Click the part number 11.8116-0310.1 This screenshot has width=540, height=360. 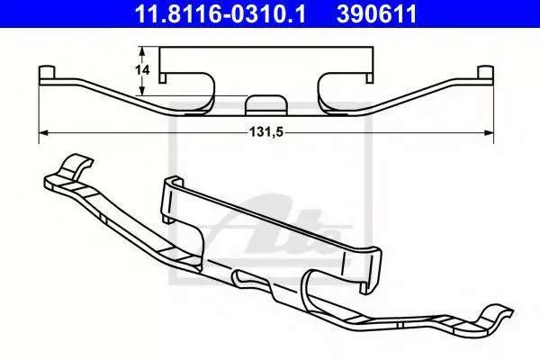220,14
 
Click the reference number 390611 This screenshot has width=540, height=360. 377,14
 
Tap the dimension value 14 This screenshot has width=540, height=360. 142,70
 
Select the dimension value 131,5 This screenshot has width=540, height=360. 266,132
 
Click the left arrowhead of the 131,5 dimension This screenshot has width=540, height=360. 43,132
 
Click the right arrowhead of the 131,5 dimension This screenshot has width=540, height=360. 489,132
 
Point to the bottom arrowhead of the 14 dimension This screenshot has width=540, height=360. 141,91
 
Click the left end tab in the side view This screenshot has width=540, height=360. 47,72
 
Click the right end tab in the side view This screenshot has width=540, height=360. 486,72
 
